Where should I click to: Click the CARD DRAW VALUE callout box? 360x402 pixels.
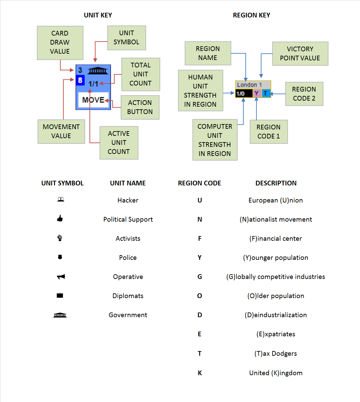[60, 43]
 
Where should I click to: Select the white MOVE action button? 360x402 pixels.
[93, 100]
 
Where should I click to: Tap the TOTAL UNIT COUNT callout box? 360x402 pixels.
[140, 74]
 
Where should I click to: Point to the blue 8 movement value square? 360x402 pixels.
[80, 80]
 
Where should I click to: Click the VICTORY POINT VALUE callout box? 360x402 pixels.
[300, 53]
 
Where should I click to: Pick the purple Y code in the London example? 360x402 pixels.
[257, 93]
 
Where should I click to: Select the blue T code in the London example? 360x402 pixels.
[266, 93]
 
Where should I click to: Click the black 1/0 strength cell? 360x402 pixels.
[244, 94]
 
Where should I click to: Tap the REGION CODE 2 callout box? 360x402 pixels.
[304, 94]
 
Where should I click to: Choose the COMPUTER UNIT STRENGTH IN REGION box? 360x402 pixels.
[215, 140]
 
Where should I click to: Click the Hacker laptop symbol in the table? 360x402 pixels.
[61, 199]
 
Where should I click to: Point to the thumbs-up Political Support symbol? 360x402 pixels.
[60, 219]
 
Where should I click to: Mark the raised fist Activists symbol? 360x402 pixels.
[60, 238]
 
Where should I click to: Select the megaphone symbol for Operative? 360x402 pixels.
[61, 277]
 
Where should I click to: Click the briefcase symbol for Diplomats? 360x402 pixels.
[60, 295]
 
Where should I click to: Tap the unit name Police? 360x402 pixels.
[128, 257]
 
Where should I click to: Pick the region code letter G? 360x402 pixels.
[200, 277]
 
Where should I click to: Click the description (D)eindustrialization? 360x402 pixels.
[276, 315]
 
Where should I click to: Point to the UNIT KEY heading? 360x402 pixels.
[98, 15]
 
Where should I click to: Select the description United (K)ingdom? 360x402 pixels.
[276, 373]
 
